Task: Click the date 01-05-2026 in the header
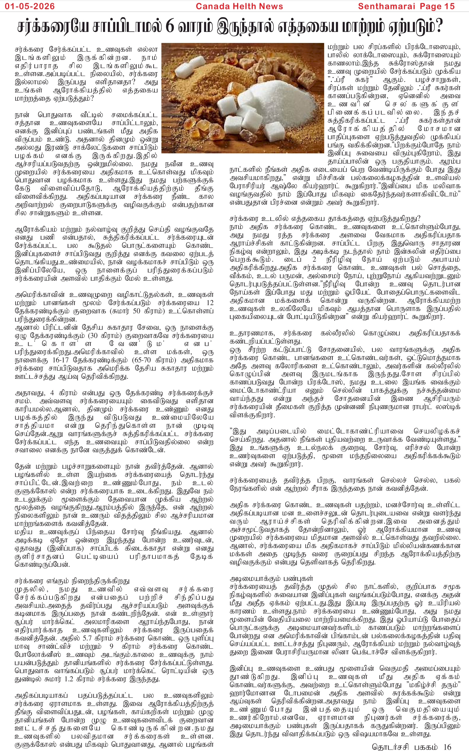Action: point(30,6)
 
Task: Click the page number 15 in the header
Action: point(449,6)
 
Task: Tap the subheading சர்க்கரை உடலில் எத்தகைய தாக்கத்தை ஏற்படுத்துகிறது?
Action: point(325,218)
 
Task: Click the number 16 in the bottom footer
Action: point(447,744)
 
